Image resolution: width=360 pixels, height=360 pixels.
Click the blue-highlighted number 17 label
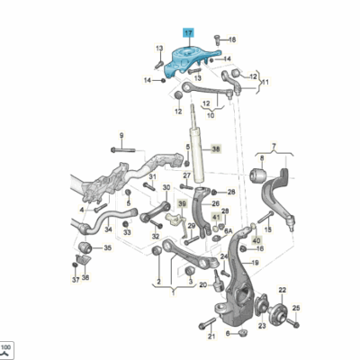(188, 31)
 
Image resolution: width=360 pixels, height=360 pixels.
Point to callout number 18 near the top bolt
(230, 40)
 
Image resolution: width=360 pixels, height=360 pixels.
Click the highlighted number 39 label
(180, 204)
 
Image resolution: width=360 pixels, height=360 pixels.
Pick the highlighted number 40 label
(256, 241)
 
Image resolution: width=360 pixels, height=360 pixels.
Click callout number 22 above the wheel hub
(281, 290)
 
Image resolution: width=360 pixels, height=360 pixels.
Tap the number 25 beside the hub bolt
(296, 309)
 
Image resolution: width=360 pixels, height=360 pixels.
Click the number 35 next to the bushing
(108, 247)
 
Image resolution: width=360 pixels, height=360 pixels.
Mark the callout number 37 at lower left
(76, 278)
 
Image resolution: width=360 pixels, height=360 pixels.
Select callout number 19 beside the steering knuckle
(256, 263)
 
